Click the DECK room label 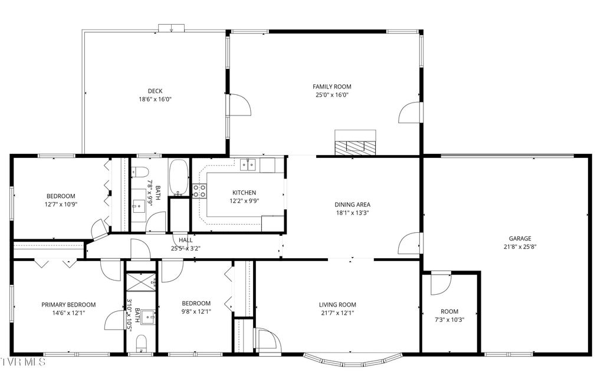(x=155, y=91)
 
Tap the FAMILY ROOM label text (x=331, y=87)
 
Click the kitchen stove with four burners (x=199, y=190)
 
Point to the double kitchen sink (x=250, y=165)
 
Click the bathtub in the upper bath (x=178, y=177)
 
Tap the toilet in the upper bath (x=139, y=173)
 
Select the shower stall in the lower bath (x=142, y=281)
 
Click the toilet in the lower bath (x=141, y=342)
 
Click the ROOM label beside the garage (x=449, y=311)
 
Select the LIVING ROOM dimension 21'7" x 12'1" (x=337, y=313)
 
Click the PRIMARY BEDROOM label (x=68, y=305)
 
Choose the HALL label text (x=186, y=240)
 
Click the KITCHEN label (x=244, y=193)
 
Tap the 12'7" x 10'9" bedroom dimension (x=61, y=204)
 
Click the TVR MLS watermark (x=23, y=361)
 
